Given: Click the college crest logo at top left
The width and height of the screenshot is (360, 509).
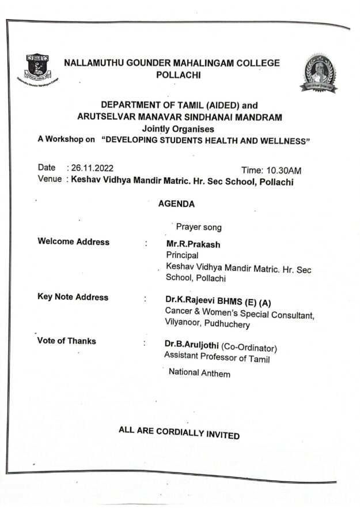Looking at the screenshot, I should pyautogui.click(x=37, y=67).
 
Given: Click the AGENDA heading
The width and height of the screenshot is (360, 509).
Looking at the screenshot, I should pyautogui.click(x=176, y=203).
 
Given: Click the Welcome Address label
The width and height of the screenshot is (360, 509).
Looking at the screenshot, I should pyautogui.click(x=73, y=242).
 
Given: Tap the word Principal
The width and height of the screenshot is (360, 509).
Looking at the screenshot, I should pyautogui.click(x=182, y=255).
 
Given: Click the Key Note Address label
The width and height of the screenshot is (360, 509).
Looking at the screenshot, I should pyautogui.click(x=73, y=297).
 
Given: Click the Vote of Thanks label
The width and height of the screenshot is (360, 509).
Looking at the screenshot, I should pyautogui.click(x=66, y=341).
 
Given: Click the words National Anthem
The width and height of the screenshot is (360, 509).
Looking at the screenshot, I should pyautogui.click(x=199, y=373).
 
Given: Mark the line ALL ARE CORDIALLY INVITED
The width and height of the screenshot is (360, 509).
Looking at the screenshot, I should pyautogui.click(x=179, y=432).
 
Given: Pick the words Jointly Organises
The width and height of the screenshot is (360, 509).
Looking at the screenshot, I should pyautogui.click(x=178, y=129).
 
